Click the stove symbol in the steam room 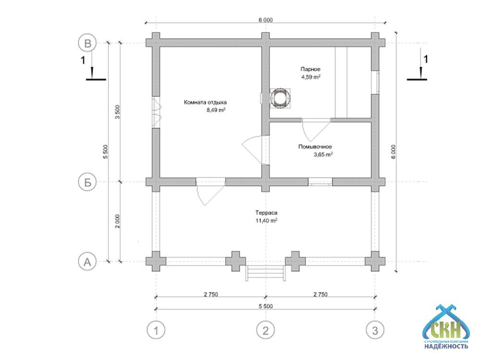[x=279, y=98]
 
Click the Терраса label [x=267, y=213]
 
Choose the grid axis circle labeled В [x=87, y=43]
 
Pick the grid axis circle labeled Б [x=87, y=182]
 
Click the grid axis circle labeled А [x=87, y=262]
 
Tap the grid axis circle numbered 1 [x=156, y=330]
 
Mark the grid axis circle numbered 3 [x=375, y=330]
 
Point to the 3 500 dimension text [x=118, y=112]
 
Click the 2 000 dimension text [x=118, y=222]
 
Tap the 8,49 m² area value [x=216, y=110]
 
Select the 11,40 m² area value [x=267, y=220]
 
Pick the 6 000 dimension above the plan [x=265, y=20]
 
